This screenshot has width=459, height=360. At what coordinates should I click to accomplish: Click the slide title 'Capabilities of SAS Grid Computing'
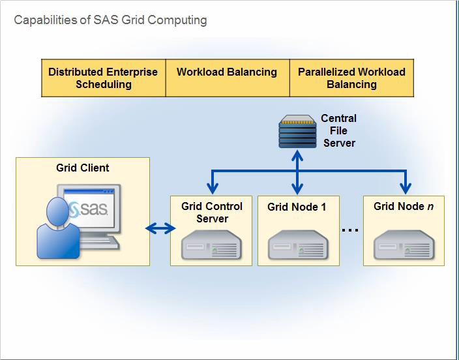click(110, 20)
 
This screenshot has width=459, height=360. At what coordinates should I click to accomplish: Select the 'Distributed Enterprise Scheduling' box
click(103, 78)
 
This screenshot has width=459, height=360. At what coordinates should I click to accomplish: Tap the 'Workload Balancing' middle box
click(227, 72)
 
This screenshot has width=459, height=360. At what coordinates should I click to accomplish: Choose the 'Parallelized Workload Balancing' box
click(351, 78)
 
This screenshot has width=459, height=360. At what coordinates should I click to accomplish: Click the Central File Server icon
click(297, 132)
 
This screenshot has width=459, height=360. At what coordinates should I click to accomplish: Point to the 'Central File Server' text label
click(339, 130)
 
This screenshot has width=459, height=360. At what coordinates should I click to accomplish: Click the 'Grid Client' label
click(83, 168)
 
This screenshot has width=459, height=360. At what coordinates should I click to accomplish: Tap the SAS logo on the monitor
click(91, 209)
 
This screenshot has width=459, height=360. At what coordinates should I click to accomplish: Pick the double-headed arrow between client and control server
click(160, 228)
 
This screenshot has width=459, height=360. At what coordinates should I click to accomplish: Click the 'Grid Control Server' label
click(211, 213)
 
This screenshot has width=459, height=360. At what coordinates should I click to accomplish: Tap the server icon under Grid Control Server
click(211, 246)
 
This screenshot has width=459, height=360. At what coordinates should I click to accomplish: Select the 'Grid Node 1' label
click(297, 207)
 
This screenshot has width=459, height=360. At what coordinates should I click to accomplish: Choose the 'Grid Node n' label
click(404, 206)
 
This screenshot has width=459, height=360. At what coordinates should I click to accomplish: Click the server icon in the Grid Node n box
click(404, 246)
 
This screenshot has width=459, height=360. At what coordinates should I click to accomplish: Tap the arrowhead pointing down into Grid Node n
click(406, 190)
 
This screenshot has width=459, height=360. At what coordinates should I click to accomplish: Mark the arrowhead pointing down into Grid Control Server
click(212, 190)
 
